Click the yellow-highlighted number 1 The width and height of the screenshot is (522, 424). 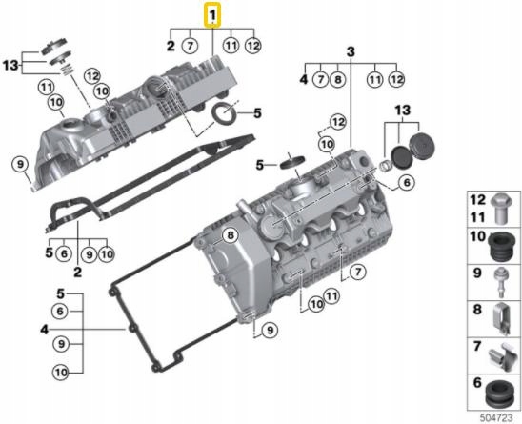(x=212, y=15)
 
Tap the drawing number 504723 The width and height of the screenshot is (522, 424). (x=496, y=417)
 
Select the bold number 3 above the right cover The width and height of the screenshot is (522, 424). (x=351, y=52)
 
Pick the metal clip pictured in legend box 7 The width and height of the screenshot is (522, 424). (x=501, y=357)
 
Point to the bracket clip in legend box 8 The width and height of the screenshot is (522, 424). (x=502, y=319)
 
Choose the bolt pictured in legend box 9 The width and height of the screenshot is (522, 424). (x=501, y=282)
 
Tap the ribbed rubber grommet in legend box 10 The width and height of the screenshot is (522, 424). (x=500, y=247)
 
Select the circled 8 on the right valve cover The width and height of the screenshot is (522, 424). (x=231, y=235)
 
